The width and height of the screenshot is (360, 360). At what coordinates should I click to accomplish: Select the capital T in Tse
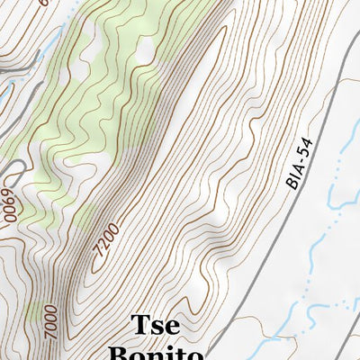[x=139, y=325]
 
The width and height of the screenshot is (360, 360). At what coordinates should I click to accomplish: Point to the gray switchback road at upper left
[x=22, y=67]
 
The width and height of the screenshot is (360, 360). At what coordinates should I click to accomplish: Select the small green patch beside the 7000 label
[x=33, y=310]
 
